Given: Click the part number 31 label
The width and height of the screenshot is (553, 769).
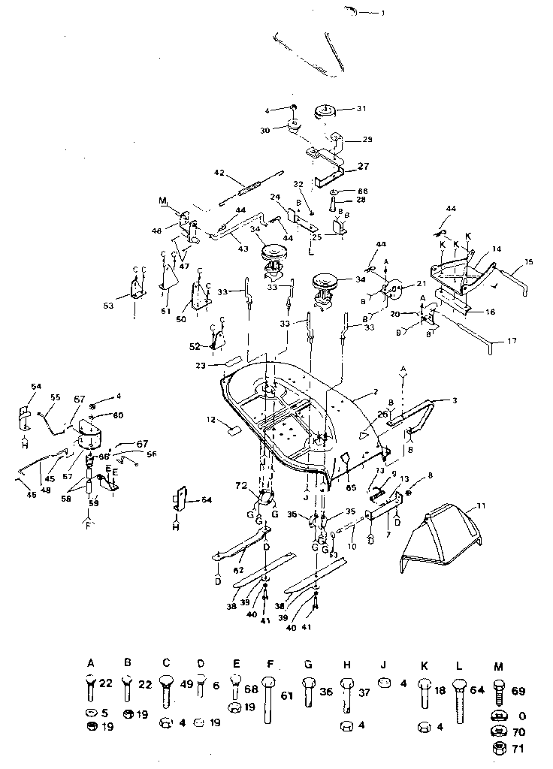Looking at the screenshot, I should point(361,109).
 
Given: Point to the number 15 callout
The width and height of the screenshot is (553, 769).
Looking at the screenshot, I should point(530,262).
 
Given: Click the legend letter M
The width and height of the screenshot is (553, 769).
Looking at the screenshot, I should point(498,665).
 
